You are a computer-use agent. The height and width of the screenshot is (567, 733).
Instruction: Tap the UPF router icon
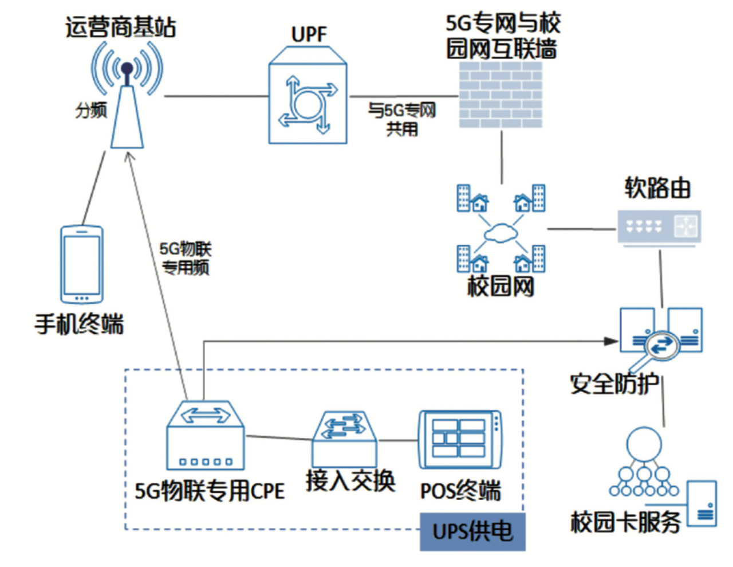[308, 97]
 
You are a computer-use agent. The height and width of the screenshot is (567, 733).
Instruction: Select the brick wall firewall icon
[501, 95]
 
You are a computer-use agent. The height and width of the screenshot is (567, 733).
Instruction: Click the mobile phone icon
[82, 264]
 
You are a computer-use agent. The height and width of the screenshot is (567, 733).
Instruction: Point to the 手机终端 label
[79, 324]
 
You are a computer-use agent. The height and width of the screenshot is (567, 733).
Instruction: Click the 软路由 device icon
[659, 227]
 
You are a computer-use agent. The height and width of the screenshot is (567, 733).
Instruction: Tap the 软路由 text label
[657, 188]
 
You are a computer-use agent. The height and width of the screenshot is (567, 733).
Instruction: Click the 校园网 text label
[501, 286]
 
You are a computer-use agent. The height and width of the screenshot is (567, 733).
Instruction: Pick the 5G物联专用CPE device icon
[205, 436]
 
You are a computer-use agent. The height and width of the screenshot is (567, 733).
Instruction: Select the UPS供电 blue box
[472, 531]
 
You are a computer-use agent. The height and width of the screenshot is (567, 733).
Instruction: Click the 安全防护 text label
[614, 384]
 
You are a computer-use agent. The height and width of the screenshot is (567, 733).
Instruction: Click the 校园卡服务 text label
[625, 521]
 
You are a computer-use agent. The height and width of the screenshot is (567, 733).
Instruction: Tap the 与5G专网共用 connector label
[401, 119]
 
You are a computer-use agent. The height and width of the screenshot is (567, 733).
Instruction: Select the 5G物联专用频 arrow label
[185, 258]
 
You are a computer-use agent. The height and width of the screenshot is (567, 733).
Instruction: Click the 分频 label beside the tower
[91, 110]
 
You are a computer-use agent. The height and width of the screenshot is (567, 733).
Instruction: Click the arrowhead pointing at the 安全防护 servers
[612, 341]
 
